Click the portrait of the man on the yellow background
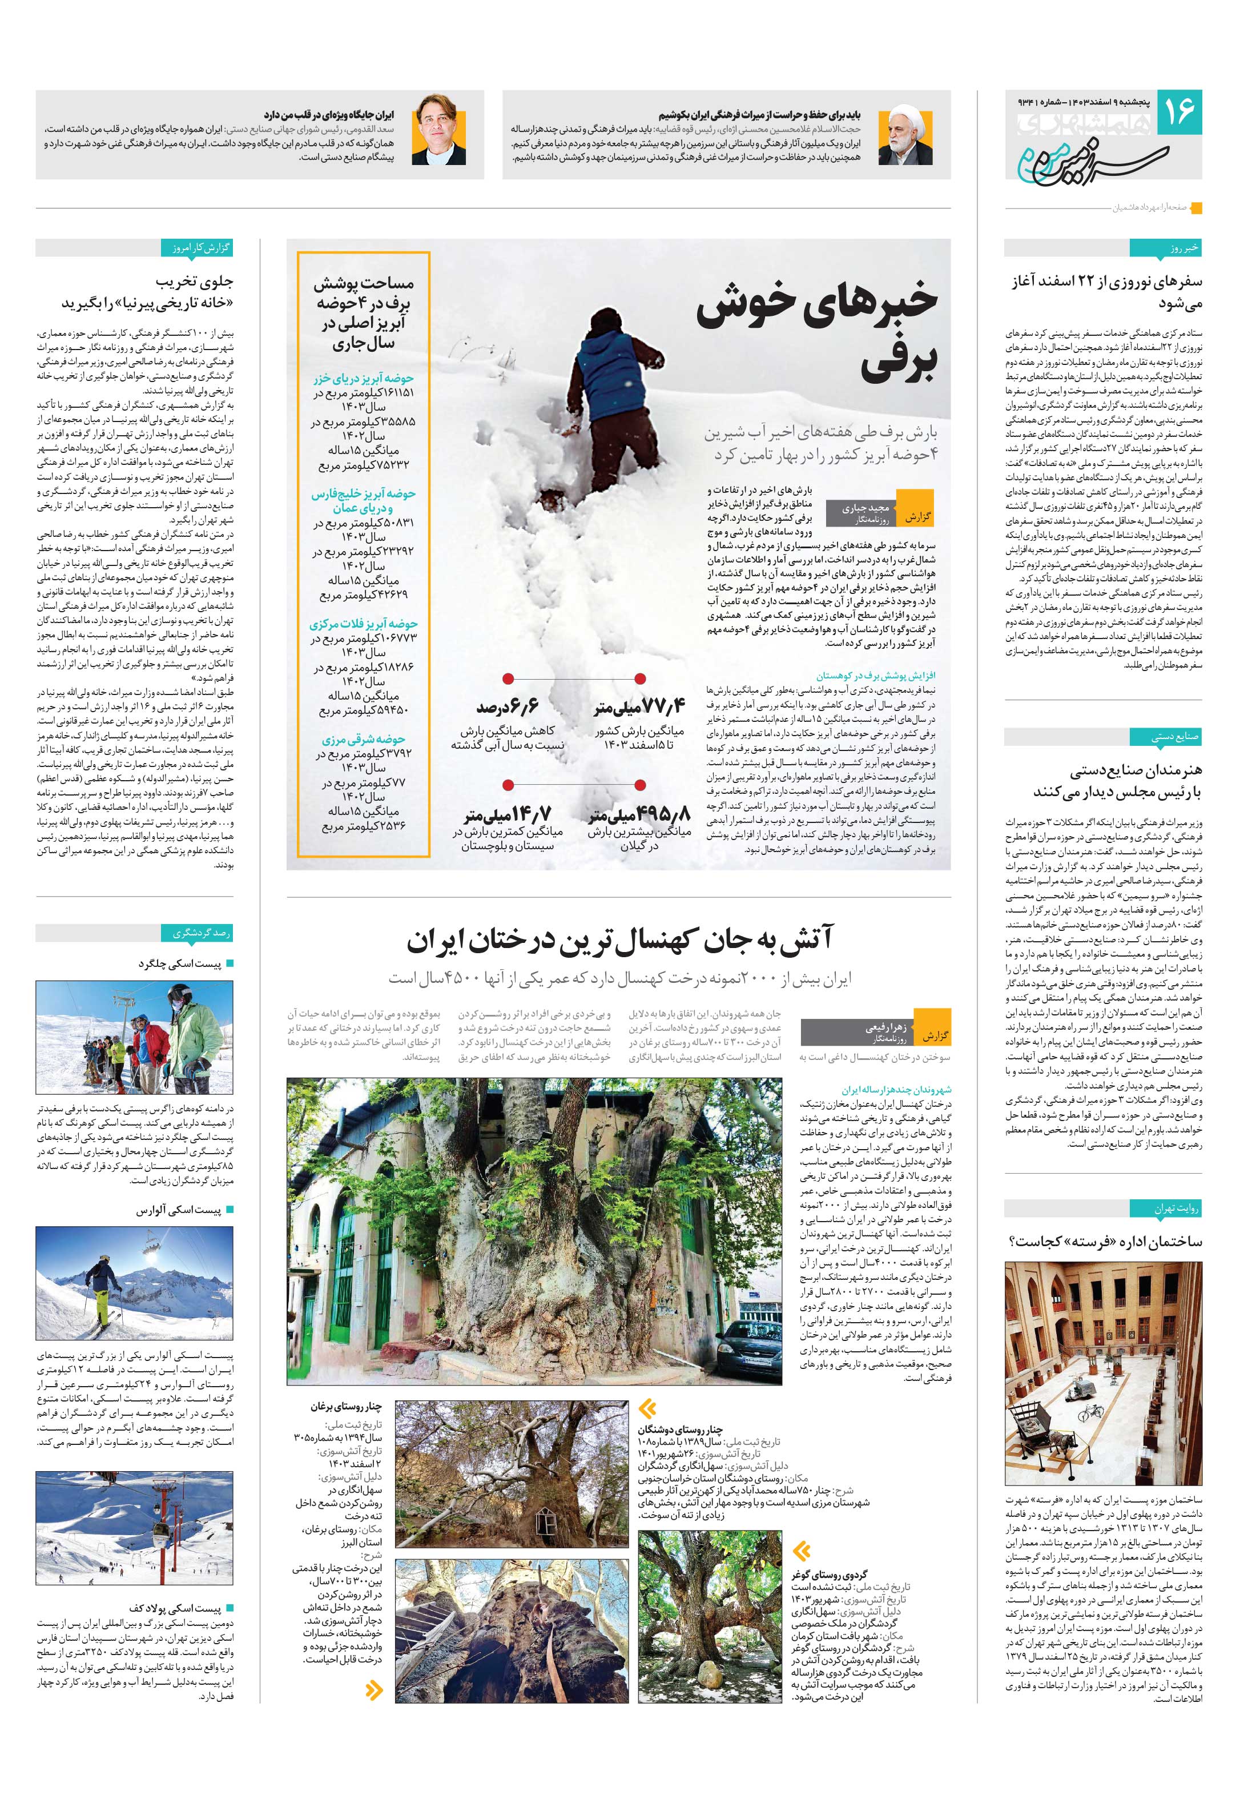click(438, 131)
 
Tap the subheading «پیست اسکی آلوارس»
click(179, 1211)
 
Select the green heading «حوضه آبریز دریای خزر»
click(364, 379)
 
